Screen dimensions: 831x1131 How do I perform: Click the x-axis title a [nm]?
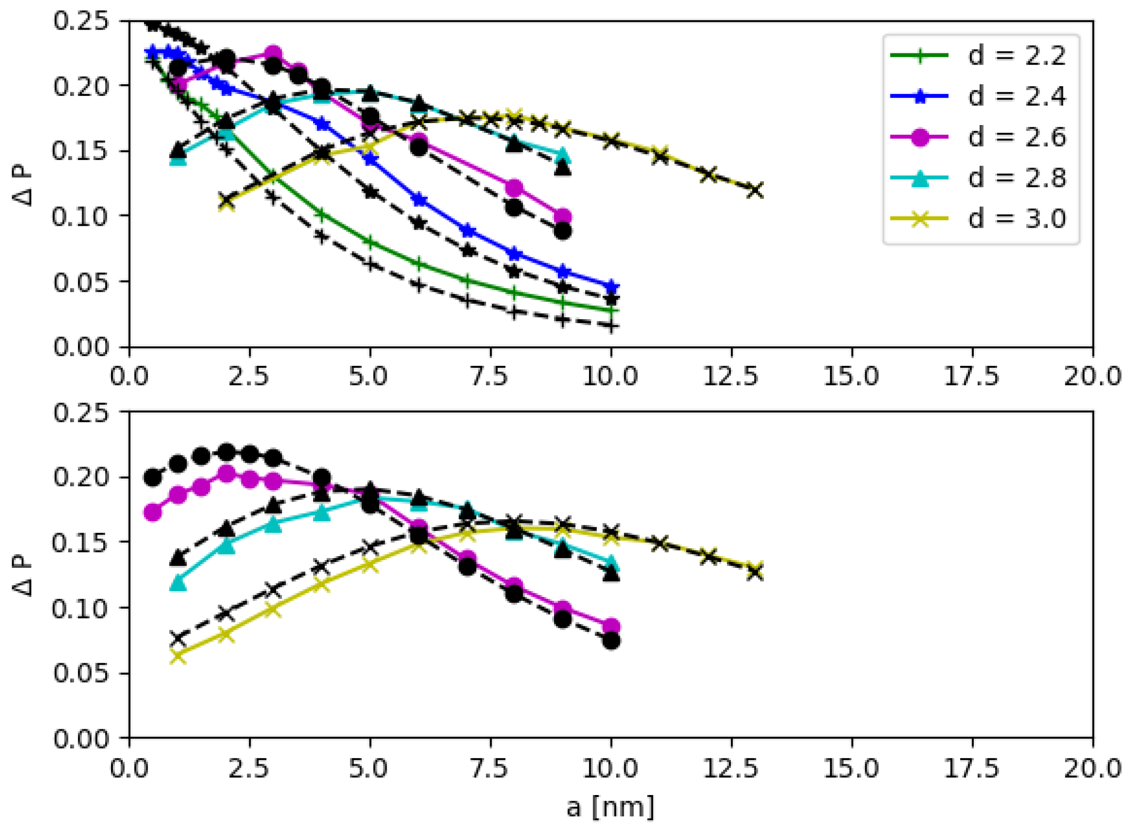coord(610,807)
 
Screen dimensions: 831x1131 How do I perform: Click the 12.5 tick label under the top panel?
coord(730,376)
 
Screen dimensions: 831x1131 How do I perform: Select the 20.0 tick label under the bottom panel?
coord(1092,768)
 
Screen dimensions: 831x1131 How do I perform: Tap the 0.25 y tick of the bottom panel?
coord(80,412)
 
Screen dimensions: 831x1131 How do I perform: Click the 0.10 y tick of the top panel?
coord(80,217)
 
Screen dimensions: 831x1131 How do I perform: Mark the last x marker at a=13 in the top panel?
coord(755,191)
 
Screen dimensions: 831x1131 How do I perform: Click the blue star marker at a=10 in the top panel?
coord(611,286)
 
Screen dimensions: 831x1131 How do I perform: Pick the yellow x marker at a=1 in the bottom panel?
coord(178,656)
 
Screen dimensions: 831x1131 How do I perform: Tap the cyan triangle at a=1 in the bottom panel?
coord(178,583)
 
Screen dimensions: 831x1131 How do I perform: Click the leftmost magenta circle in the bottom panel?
coord(153,513)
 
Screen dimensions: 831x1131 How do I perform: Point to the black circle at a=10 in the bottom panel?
coord(611,641)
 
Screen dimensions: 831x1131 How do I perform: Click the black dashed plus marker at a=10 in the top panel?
coord(611,326)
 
